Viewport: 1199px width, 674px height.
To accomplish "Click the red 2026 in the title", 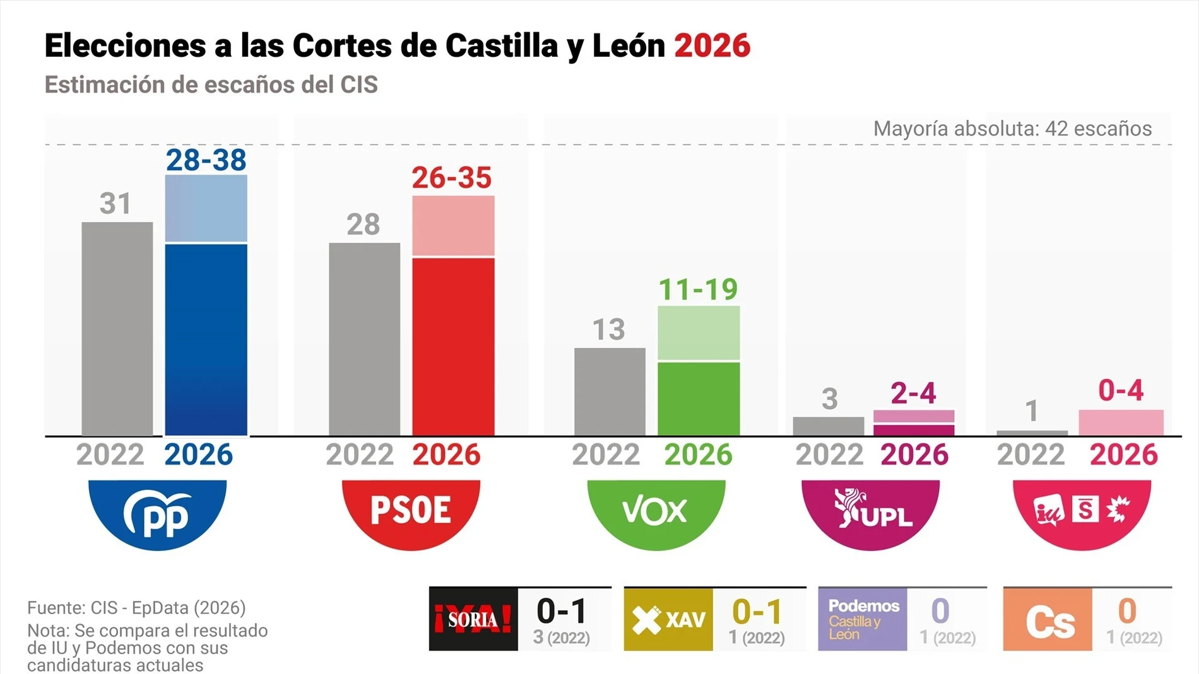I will click(712, 45).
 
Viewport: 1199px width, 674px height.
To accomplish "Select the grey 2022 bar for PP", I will click(117, 328).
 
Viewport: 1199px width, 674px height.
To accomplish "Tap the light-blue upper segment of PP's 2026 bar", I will click(206, 208).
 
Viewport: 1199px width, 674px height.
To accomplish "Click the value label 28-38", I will click(206, 160).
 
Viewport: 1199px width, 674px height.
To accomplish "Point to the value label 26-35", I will click(452, 178).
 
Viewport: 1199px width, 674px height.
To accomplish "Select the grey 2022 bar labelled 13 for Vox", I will click(610, 391).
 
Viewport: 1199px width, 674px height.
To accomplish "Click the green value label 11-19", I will click(698, 289).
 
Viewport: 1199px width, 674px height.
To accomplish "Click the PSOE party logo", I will click(411, 512).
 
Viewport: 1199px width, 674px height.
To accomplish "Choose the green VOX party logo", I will click(656, 512).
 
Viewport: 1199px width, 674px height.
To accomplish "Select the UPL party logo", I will click(871, 512).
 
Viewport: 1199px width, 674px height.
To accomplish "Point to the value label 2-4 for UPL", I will click(913, 393).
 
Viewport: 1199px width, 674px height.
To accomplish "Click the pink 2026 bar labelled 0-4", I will click(1121, 422).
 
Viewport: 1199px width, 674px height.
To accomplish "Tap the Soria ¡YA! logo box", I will click(473, 619).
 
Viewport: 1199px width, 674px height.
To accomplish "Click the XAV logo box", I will click(668, 619).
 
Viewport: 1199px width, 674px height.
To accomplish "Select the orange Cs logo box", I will click(1048, 619).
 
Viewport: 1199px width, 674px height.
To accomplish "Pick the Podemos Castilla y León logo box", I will click(863, 619).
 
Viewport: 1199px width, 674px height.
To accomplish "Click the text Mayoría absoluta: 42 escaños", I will click(1012, 129).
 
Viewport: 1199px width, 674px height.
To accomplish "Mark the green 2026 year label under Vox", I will click(698, 455).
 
